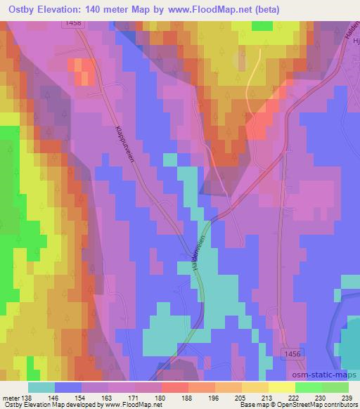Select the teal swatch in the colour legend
coord(41,387)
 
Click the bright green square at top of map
coord(262,25)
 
